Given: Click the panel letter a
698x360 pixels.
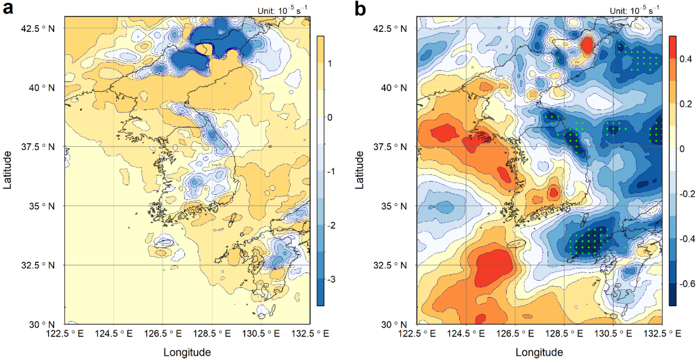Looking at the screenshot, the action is point(8,8).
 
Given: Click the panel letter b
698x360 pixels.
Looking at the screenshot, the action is point(360,8).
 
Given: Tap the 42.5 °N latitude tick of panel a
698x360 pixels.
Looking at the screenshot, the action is point(38,29).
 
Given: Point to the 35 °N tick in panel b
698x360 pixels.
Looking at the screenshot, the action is point(394,206).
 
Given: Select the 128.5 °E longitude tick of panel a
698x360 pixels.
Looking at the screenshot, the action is point(212,334).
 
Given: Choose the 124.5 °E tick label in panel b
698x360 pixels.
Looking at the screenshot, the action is point(466,334).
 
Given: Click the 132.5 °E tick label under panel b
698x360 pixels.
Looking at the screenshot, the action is point(662,334).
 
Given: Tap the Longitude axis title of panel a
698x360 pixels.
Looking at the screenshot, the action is point(187,352).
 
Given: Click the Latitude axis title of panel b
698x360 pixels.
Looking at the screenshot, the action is point(359,170).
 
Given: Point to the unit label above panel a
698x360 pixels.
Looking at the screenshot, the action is point(282,10).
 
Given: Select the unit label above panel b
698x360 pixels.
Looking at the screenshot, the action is point(635,10).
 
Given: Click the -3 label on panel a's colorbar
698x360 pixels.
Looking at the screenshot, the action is point(331,279).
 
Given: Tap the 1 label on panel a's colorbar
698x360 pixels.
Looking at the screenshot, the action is point(330,63).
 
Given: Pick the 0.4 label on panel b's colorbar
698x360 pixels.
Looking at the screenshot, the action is point(685,59).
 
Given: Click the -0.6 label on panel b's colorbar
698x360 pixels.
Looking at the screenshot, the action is point(687,284).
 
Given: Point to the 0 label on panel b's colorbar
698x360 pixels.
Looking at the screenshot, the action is point(682,149).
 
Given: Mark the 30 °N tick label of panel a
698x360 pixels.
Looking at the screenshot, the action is point(42,324).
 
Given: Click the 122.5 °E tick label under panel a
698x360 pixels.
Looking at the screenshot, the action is point(65,334).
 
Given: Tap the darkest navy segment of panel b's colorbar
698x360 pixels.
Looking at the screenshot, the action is point(673,294).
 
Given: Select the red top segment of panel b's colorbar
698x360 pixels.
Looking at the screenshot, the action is point(673,47).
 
